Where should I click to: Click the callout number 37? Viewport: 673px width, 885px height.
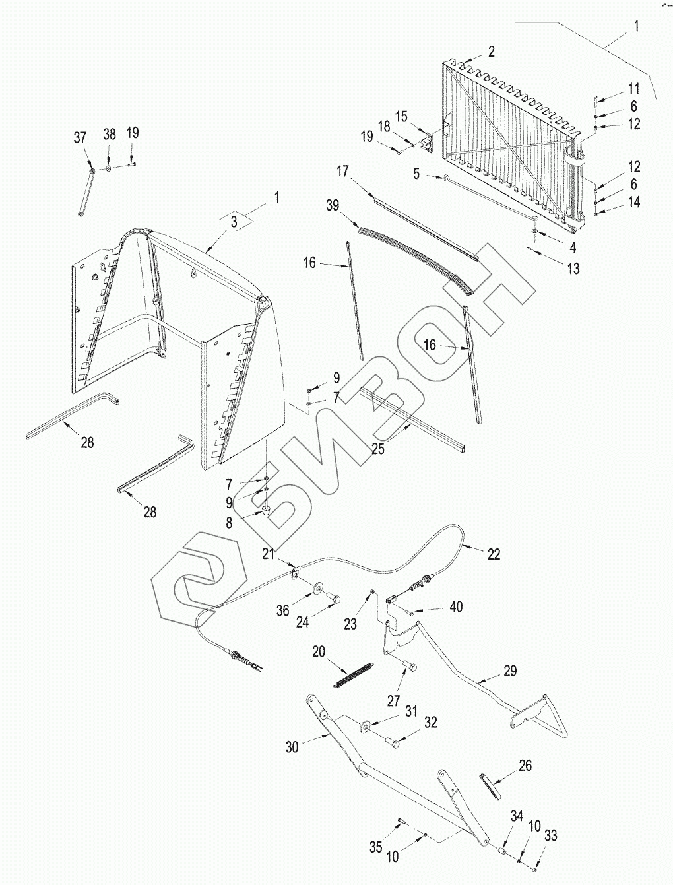(80, 137)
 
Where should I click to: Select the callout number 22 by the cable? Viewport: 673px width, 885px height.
(494, 554)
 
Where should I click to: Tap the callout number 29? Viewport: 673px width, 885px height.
(509, 671)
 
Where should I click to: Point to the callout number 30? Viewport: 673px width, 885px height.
(292, 746)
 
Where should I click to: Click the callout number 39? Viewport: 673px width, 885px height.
(333, 205)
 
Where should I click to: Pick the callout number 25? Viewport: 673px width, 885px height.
(378, 449)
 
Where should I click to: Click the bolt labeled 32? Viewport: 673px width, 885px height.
(395, 743)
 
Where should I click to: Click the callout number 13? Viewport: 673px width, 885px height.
(573, 269)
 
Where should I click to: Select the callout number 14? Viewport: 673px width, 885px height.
(634, 203)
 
